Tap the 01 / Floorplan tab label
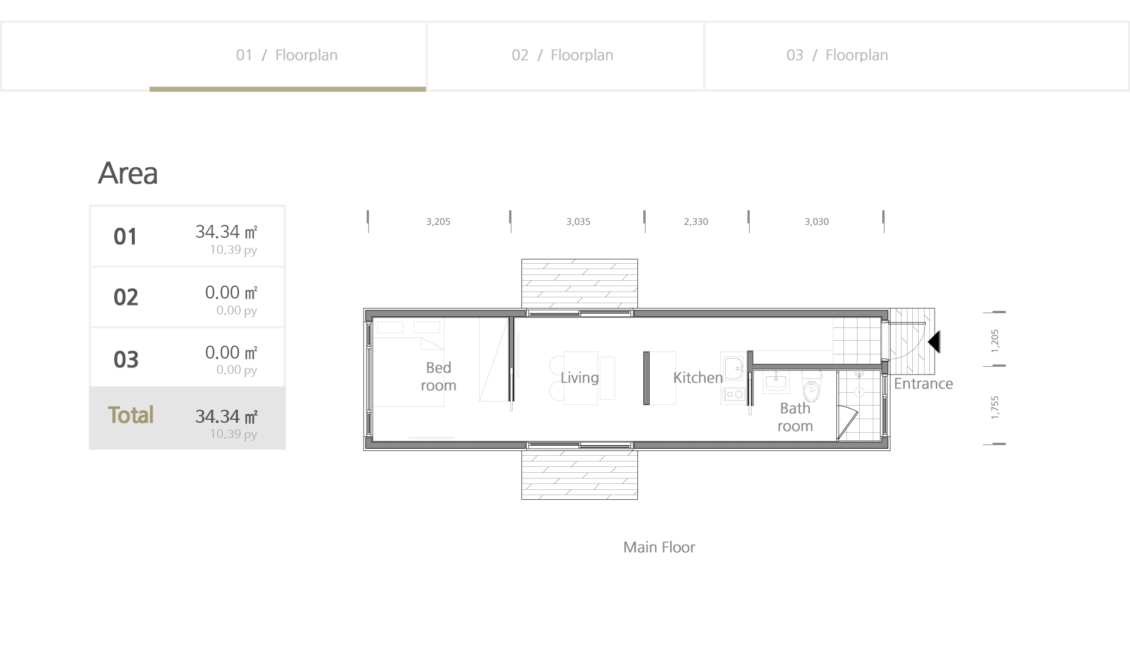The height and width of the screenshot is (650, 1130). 287,55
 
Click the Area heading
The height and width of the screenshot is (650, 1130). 128,173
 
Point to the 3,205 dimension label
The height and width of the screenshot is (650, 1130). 438,222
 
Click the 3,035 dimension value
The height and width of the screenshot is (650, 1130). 578,222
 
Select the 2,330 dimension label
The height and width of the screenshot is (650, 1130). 696,222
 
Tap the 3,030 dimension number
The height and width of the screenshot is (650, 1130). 816,222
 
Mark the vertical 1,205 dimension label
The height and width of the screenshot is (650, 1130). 995,341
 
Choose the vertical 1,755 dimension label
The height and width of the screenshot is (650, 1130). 995,407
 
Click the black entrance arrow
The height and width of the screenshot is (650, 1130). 935,342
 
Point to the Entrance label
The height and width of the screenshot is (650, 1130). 923,384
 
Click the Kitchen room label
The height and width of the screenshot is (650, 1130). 698,378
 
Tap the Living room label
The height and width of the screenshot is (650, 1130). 580,378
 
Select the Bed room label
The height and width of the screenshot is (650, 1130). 438,377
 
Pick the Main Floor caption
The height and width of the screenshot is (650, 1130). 659,548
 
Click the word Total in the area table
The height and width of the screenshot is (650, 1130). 131,415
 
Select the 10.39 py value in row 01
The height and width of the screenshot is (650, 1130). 234,250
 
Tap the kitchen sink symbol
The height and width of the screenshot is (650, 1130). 733,369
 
